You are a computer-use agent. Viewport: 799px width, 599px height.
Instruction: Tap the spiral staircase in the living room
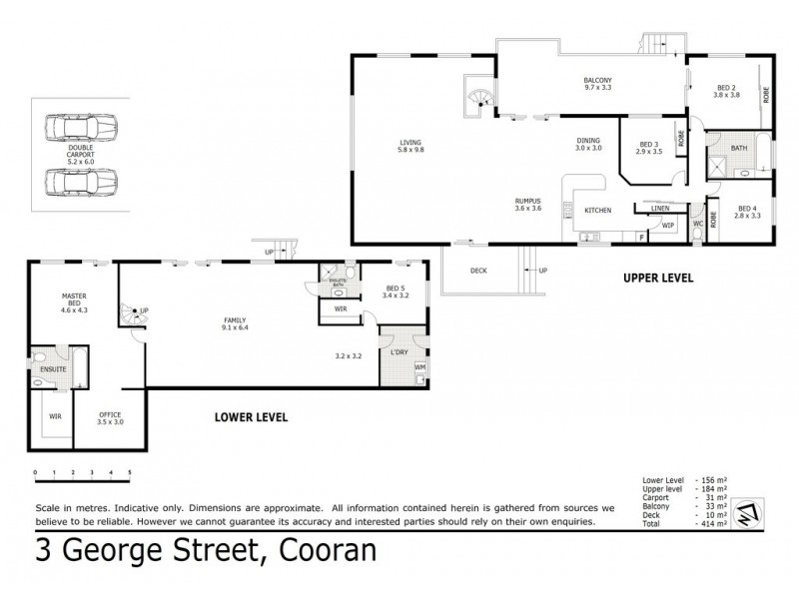[482, 96]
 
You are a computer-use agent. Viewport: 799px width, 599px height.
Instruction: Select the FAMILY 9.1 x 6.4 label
[236, 323]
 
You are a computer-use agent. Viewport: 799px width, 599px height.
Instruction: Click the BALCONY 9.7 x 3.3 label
[597, 84]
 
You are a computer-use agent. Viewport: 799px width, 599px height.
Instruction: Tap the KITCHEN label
[597, 211]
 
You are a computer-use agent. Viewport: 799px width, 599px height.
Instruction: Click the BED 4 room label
[748, 211]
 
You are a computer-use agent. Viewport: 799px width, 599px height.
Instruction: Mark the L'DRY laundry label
[400, 352]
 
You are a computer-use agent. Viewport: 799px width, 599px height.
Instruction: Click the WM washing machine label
[419, 368]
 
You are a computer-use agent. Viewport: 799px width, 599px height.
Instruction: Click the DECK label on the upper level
[480, 271]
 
